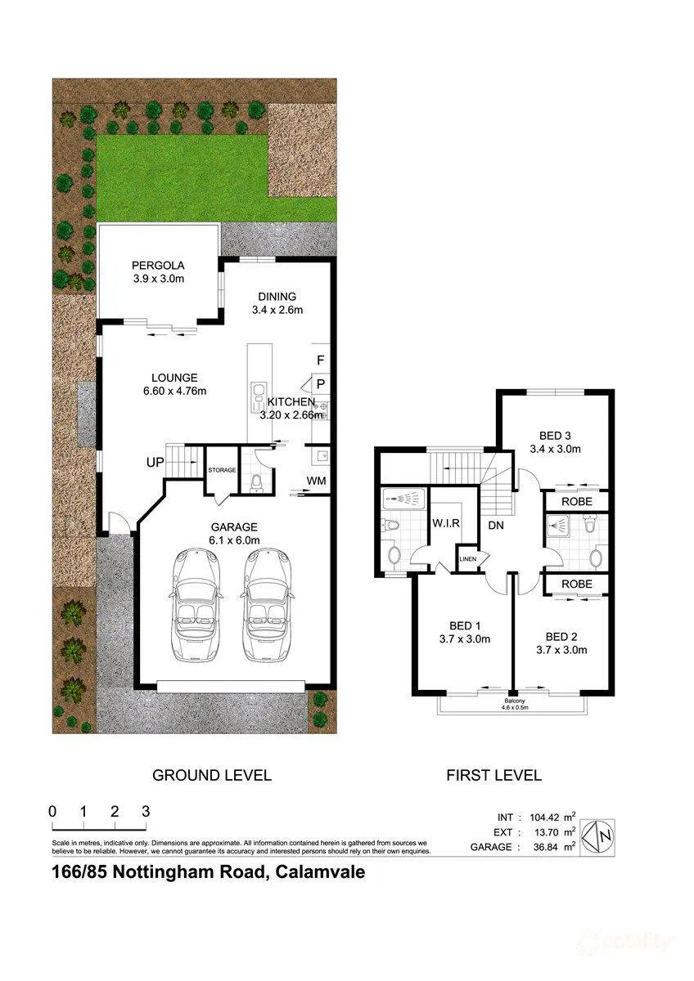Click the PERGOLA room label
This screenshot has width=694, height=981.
(158, 266)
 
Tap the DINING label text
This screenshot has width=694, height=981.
(277, 297)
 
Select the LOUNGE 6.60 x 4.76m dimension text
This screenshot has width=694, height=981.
(174, 391)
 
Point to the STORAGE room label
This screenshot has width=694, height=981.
(222, 470)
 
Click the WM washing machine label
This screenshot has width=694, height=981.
(316, 481)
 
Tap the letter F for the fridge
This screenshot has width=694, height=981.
(321, 361)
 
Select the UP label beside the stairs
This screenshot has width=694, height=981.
(155, 462)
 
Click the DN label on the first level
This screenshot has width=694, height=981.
(496, 525)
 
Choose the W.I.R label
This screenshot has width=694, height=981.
(446, 523)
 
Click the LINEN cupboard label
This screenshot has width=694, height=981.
(468, 559)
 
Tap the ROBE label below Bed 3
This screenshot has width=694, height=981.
(576, 502)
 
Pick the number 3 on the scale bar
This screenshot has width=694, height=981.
(146, 812)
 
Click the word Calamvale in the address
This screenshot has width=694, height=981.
(320, 872)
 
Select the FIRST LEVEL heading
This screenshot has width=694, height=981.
(493, 776)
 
